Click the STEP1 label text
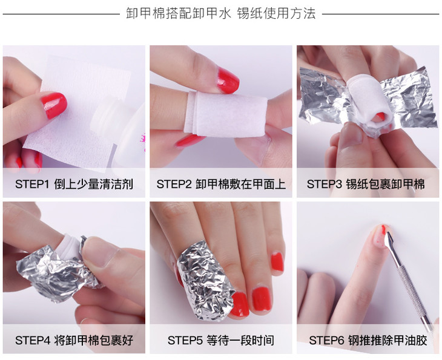tap(32, 184)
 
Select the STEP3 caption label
tap(324, 184)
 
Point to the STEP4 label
tap(33, 340)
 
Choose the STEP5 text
tap(185, 340)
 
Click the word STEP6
tap(326, 340)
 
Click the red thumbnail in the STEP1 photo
tap(53, 105)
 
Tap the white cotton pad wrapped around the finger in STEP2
tap(225, 114)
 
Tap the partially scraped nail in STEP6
tap(381, 236)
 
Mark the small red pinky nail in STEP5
tap(277, 262)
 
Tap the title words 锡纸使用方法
tap(276, 13)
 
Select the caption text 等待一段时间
tap(240, 340)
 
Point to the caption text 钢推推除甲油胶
tap(388, 340)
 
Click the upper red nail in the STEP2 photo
tap(228, 80)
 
